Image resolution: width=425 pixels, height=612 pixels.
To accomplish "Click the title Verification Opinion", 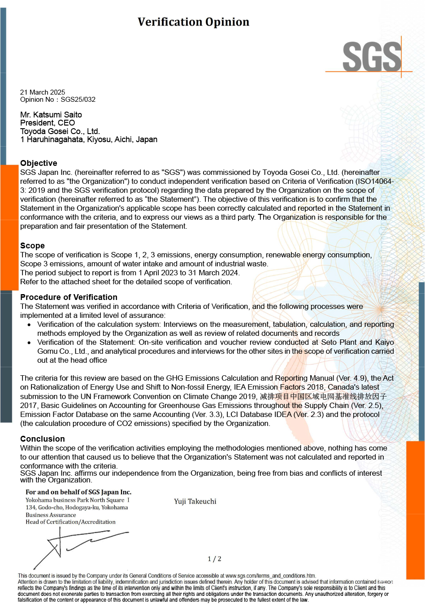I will pos(193,22).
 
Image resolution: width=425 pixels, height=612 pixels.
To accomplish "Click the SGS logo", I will pos(372,57).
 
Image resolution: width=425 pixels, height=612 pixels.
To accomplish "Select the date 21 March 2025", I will pos(43,92).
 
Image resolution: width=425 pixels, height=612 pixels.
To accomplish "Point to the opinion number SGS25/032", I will pos(78,100).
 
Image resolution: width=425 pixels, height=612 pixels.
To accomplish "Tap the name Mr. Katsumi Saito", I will pos(51,115).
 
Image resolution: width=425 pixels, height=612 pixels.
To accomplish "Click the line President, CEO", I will pos(48,123).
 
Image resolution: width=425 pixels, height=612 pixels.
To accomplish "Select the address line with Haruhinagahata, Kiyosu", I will pos(89,139).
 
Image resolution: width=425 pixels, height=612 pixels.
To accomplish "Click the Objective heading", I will pos(39,163).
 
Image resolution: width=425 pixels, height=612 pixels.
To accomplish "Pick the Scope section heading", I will pos(32,246).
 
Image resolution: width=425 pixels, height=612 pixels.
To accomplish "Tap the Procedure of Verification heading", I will pos(69,297).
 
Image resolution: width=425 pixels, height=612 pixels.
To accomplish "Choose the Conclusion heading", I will pos(43,439).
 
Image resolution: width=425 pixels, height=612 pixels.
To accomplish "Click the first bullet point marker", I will pos(29,325).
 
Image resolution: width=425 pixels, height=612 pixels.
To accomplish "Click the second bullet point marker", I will pos(29,343).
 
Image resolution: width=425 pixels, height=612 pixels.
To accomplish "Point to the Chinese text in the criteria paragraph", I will pos(323,396).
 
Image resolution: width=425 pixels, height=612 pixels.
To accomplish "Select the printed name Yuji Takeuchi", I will pos(195,501).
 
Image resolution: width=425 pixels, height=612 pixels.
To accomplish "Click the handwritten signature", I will pos(76,545).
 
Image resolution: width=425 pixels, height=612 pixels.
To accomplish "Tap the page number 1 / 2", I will pos(214,559).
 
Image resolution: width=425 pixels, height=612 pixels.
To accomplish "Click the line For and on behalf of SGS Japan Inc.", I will pos(78,492).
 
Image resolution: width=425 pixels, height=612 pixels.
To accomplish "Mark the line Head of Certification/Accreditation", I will pos(70,522).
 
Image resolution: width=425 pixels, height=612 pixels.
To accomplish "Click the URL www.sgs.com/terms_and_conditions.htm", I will pos(270,576).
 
